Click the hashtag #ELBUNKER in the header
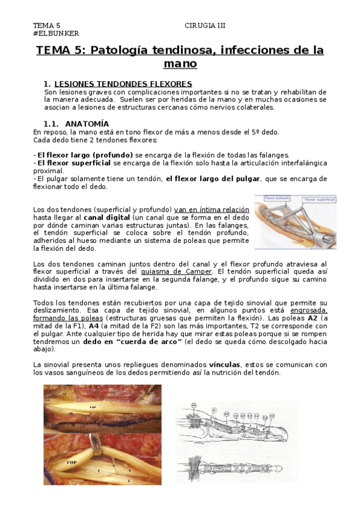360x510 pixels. coord(56,34)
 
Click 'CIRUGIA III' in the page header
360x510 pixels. coord(205,26)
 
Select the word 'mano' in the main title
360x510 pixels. coord(180,64)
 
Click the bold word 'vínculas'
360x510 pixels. coord(225,364)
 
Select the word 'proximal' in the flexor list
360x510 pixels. coord(48,171)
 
